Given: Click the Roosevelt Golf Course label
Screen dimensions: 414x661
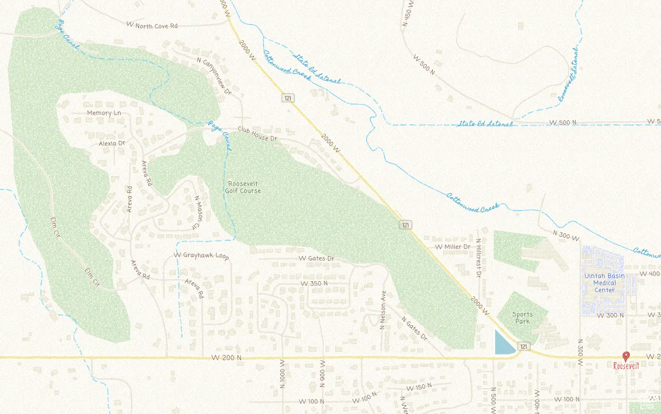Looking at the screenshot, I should coord(244,187).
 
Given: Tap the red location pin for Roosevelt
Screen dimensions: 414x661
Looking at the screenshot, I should coord(626,356).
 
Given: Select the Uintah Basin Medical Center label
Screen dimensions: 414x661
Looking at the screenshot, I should coord(604,283).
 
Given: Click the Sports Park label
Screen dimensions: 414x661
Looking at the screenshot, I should coord(522,318).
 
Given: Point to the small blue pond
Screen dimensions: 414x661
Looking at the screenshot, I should coord(504,344).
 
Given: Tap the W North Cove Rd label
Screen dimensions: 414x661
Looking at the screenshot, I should coord(152,25).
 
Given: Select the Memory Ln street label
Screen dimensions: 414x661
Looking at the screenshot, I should coord(104,113).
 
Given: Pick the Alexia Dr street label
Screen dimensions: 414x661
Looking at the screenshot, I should coord(112,143).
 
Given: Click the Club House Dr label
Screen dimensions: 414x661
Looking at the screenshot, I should coord(257,134).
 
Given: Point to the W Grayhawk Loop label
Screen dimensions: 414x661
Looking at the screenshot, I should coord(201,256).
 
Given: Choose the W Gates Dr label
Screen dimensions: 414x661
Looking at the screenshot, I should coord(316,259).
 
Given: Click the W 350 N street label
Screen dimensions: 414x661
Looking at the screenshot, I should coord(314,283).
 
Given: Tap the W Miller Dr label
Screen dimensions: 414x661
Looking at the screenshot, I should coord(453,246).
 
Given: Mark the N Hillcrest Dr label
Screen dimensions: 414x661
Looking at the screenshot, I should coord(478,258).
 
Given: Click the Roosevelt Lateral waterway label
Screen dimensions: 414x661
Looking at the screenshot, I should coord(568,74).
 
